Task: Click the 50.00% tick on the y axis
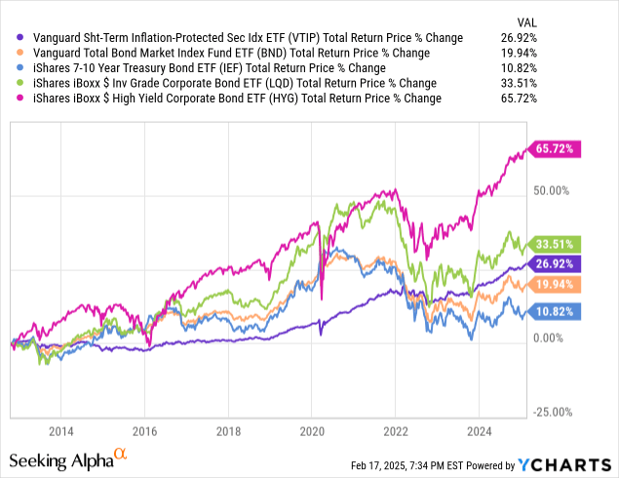click(557, 190)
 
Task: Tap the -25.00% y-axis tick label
click(557, 412)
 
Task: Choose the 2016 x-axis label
click(144, 431)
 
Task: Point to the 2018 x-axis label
click(228, 431)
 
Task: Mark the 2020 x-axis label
click(312, 431)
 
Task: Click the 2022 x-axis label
click(396, 431)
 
